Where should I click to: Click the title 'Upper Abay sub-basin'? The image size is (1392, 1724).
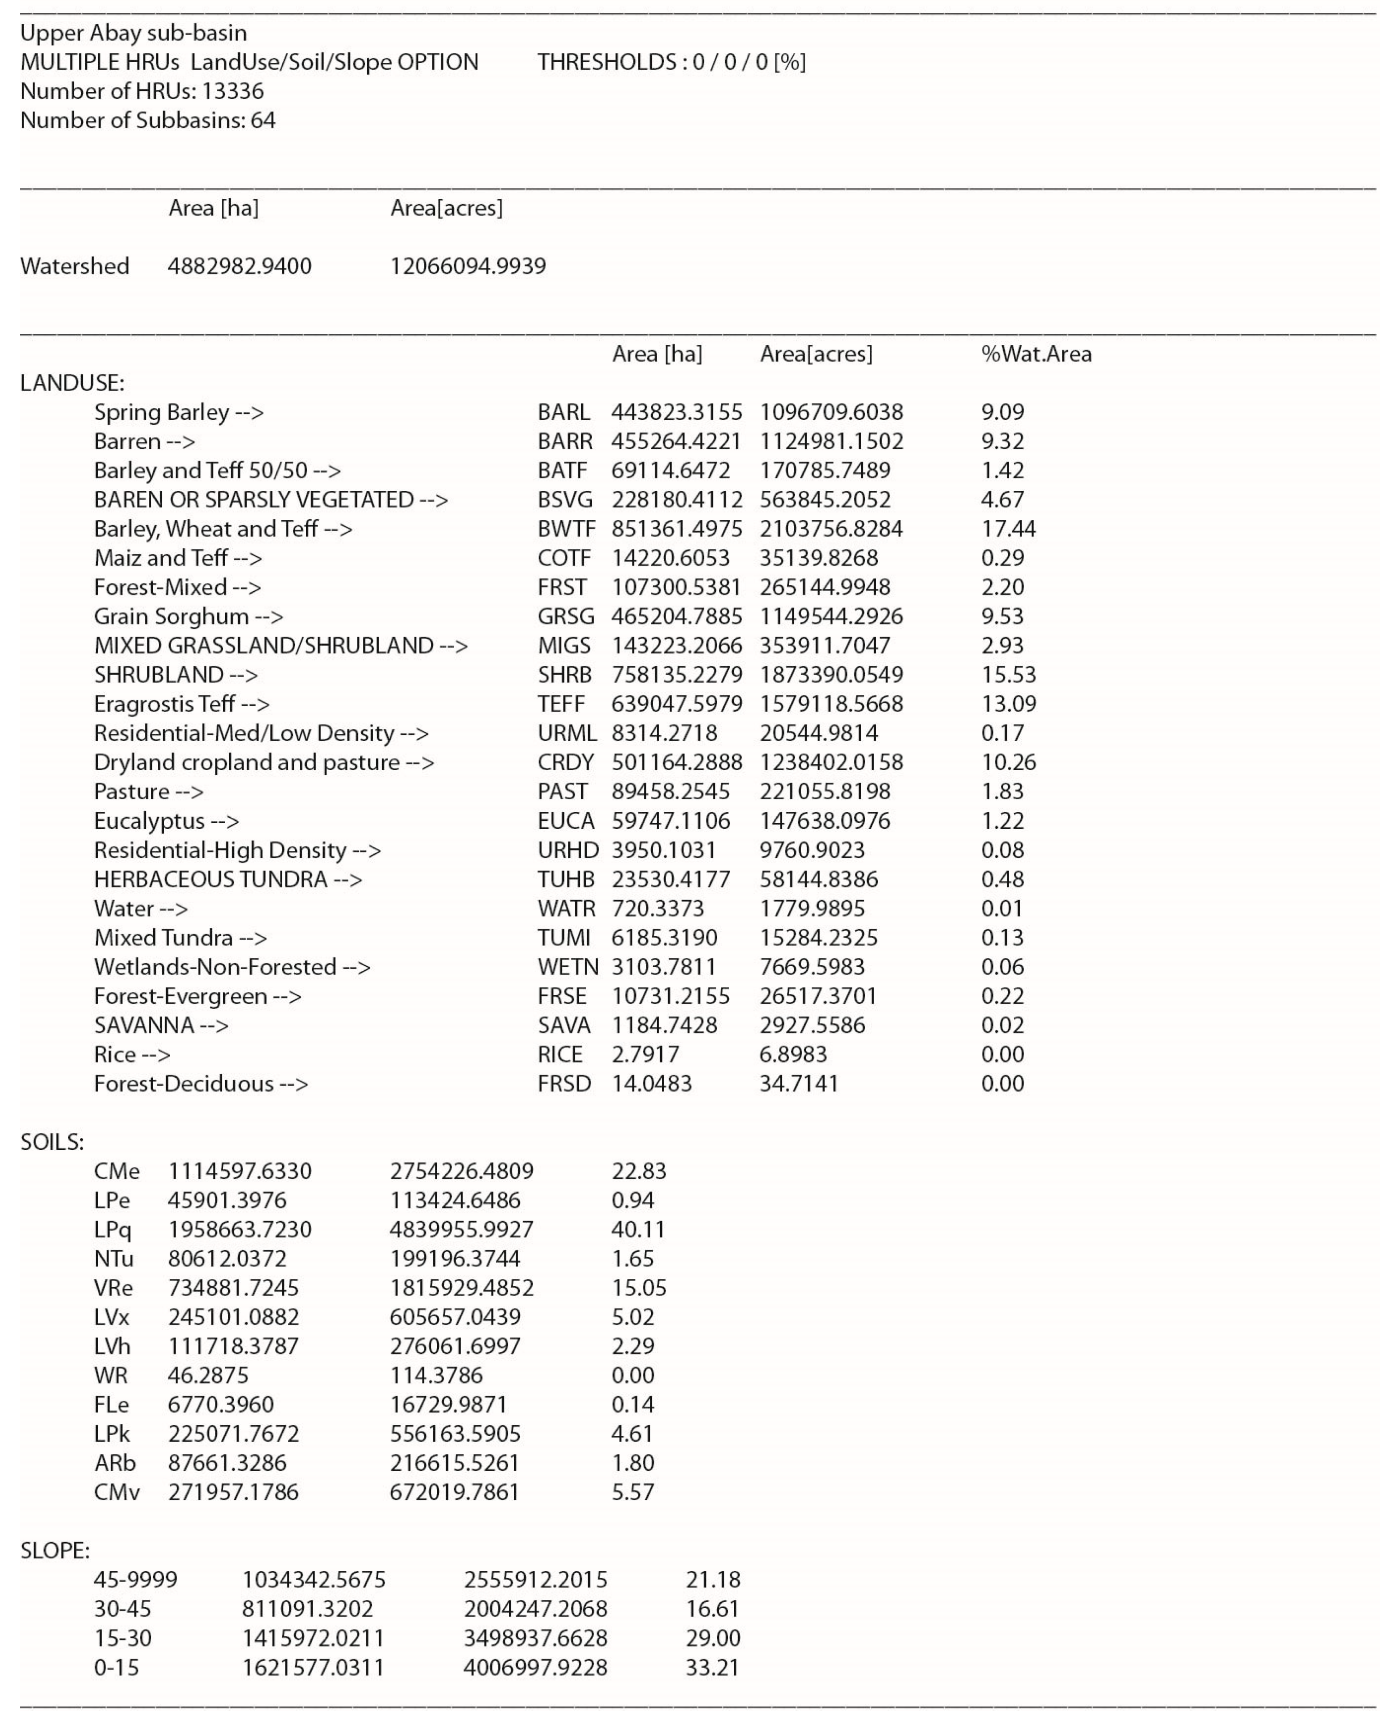pyautogui.click(x=133, y=33)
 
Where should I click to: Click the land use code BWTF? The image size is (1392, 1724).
pyautogui.click(x=566, y=529)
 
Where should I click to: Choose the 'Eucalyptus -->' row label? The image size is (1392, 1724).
pyautogui.click(x=166, y=821)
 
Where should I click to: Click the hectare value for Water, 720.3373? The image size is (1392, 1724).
pyautogui.click(x=658, y=909)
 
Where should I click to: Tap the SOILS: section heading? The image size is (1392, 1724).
pyautogui.click(x=52, y=1142)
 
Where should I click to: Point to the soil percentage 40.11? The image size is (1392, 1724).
pyautogui.click(x=638, y=1229)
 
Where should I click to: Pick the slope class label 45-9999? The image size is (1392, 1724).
pyautogui.click(x=136, y=1580)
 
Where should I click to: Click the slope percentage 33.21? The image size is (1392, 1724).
pyautogui.click(x=712, y=1667)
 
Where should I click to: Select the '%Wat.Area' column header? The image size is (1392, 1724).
pyautogui.click(x=1036, y=354)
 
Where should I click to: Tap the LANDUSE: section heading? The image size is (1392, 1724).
pyautogui.click(x=72, y=383)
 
